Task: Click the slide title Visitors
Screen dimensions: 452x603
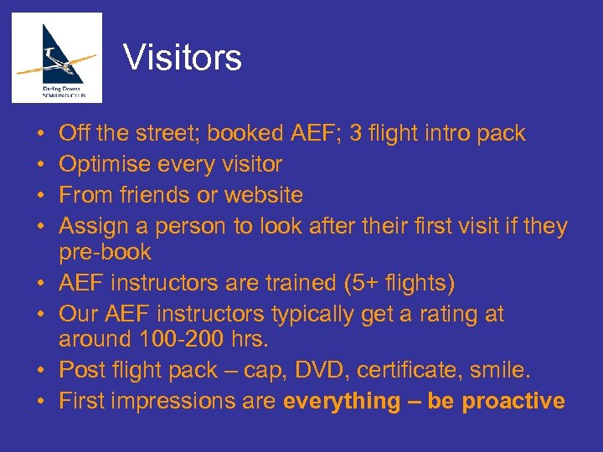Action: coord(182,58)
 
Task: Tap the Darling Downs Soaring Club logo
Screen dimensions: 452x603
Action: coord(57,58)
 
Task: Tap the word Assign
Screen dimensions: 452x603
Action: coord(94,226)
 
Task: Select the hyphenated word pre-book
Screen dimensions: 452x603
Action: coord(105,252)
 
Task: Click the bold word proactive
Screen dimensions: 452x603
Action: coord(513,401)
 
